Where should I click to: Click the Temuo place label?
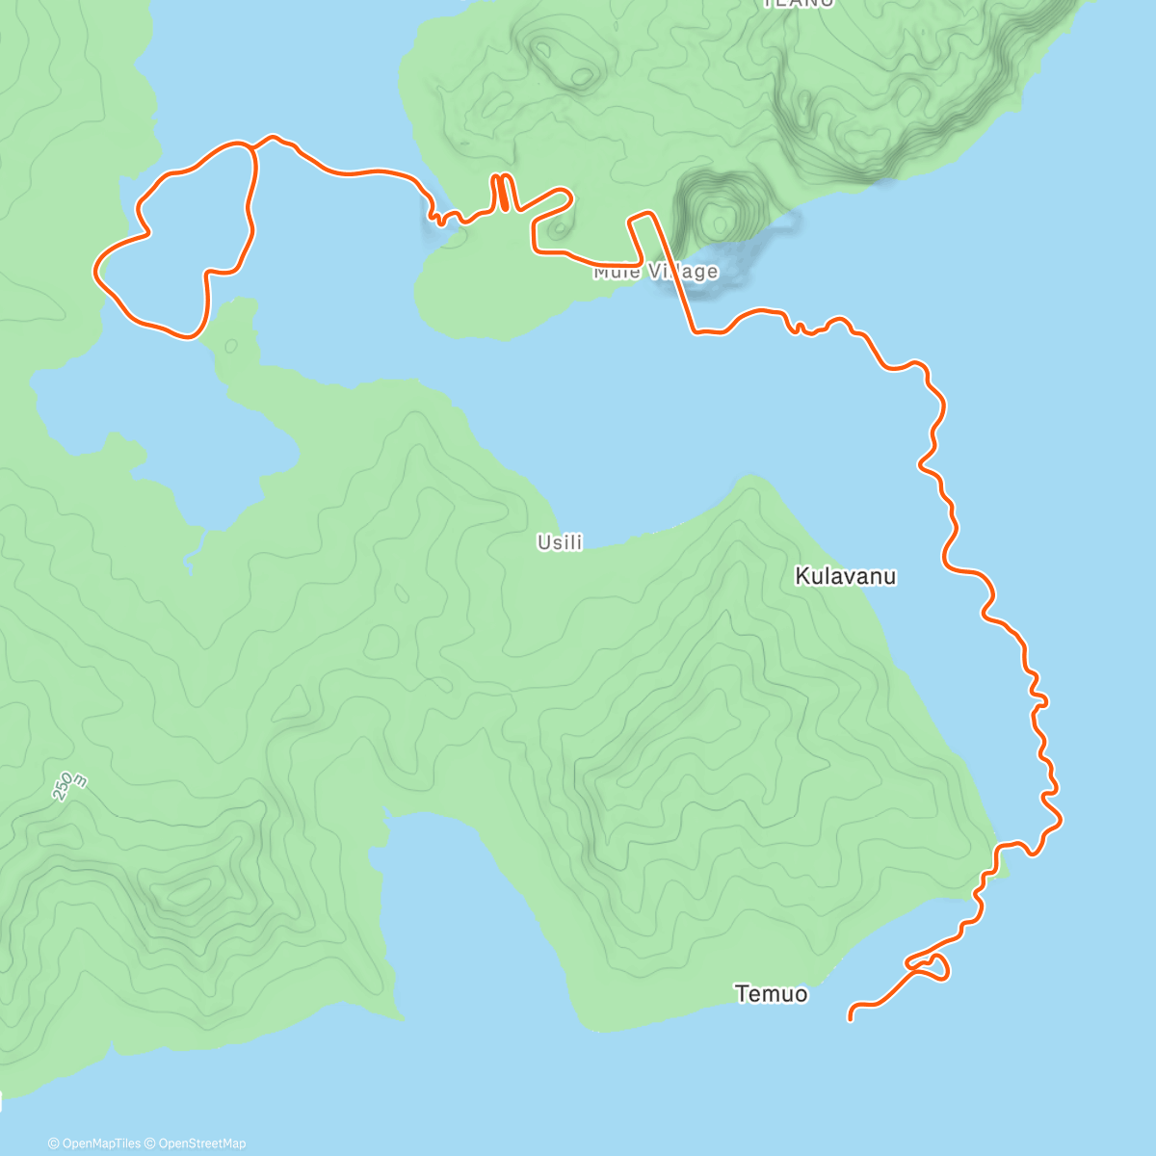pos(771,994)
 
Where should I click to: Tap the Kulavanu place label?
pos(845,576)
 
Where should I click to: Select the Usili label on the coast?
pos(560,542)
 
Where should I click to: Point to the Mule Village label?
pos(655,272)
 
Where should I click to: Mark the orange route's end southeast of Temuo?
pos(850,1018)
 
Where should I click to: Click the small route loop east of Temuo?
pos(933,966)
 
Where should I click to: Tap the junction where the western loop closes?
pos(253,147)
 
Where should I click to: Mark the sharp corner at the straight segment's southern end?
pos(695,333)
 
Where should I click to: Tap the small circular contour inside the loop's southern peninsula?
pos(230,346)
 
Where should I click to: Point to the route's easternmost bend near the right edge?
pos(1061,820)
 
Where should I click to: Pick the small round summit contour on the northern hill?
pos(582,75)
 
